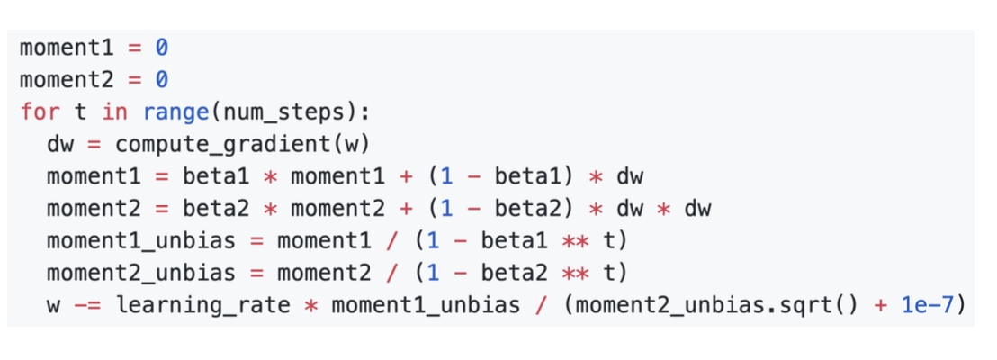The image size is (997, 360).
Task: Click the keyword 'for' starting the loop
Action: [x=36, y=114]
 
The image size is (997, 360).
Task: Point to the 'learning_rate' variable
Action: [x=202, y=306]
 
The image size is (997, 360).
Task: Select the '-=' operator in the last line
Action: [x=85, y=306]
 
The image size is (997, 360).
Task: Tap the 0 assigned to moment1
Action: [x=162, y=46]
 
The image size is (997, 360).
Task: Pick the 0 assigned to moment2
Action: [x=162, y=80]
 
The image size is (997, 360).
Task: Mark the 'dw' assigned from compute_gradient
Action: [x=59, y=145]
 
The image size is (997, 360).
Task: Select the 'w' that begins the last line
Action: [x=53, y=306]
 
